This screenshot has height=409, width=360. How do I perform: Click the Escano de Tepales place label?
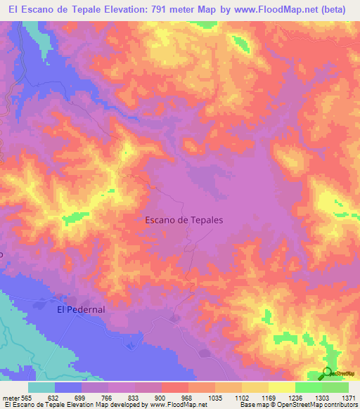coord(184,220)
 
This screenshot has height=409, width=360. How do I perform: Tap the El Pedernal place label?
coord(81,309)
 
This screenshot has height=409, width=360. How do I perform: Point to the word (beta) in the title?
coord(340,10)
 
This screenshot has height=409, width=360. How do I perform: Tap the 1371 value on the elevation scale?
coord(349,397)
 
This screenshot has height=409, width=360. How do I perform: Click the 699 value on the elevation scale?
coord(82,397)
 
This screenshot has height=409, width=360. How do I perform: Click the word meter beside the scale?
coord(11,397)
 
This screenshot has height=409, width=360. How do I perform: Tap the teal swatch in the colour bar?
coord(41,387)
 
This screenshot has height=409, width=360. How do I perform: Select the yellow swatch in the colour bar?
coord(282,387)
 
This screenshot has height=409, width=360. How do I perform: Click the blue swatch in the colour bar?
coord(68,387)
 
